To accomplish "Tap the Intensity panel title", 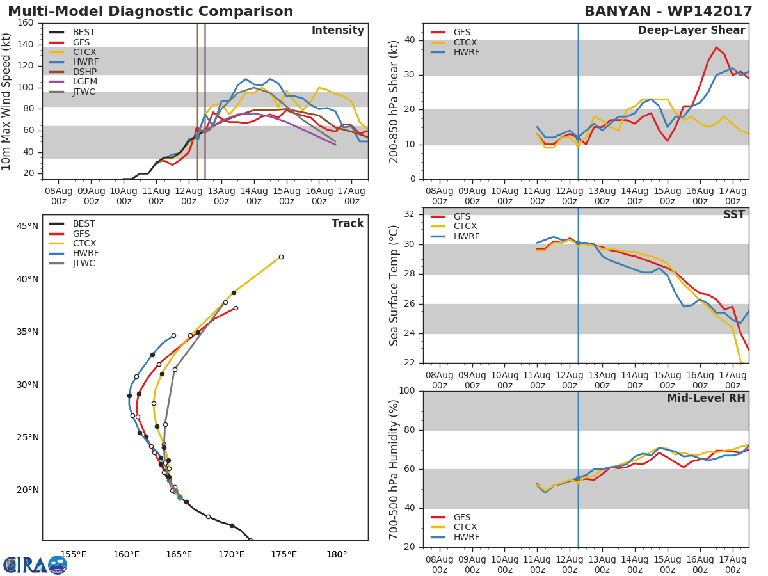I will point(337,31).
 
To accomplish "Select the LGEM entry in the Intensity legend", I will point(83,82).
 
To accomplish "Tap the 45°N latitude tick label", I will point(28,226).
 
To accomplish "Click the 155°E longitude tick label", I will point(74,554).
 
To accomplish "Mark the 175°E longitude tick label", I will point(284,554).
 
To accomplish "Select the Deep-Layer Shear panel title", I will point(691,31).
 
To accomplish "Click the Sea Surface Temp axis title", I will point(395,285).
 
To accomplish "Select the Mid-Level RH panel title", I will point(706,399).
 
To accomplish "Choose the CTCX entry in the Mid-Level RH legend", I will point(465,527).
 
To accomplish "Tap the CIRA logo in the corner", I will point(35,564).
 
